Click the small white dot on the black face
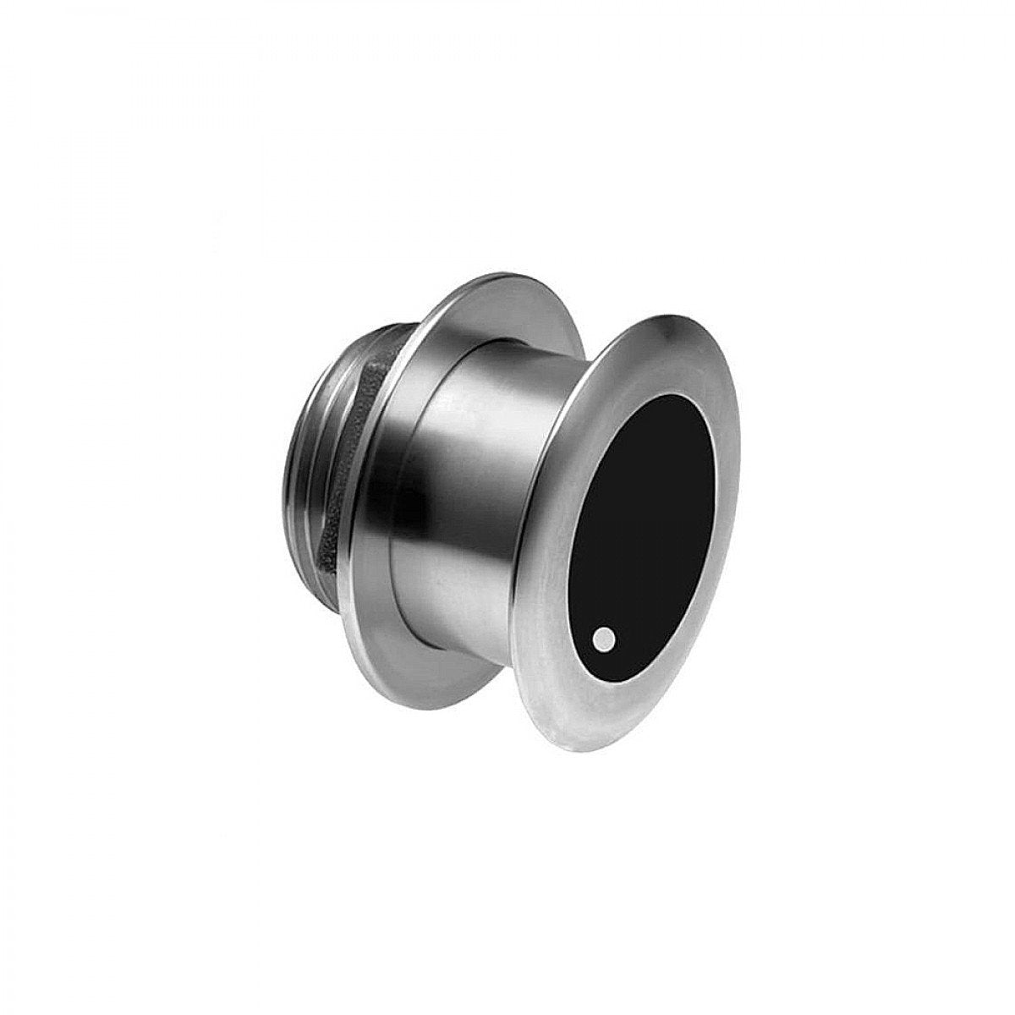[604, 637]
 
